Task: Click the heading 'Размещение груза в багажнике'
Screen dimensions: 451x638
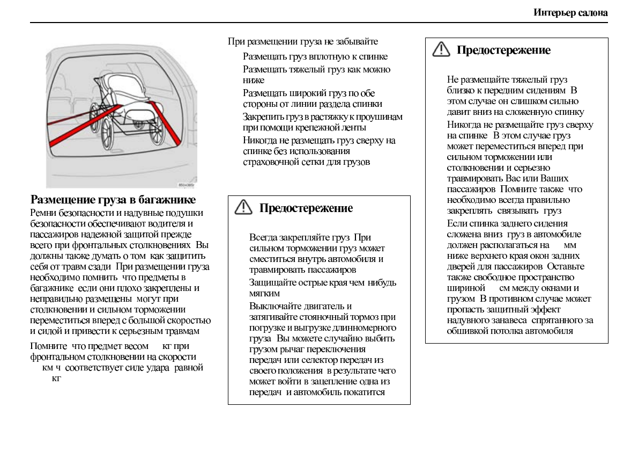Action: click(113, 200)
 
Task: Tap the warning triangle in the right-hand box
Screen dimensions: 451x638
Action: click(441, 49)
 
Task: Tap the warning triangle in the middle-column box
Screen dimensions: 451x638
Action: click(243, 207)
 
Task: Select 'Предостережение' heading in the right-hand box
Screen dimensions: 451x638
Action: click(503, 50)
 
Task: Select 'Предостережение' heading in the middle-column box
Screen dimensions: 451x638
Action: click(306, 208)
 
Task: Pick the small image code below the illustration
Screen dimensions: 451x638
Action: click(186, 185)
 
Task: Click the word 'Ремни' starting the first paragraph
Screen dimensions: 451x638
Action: click(43, 213)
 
